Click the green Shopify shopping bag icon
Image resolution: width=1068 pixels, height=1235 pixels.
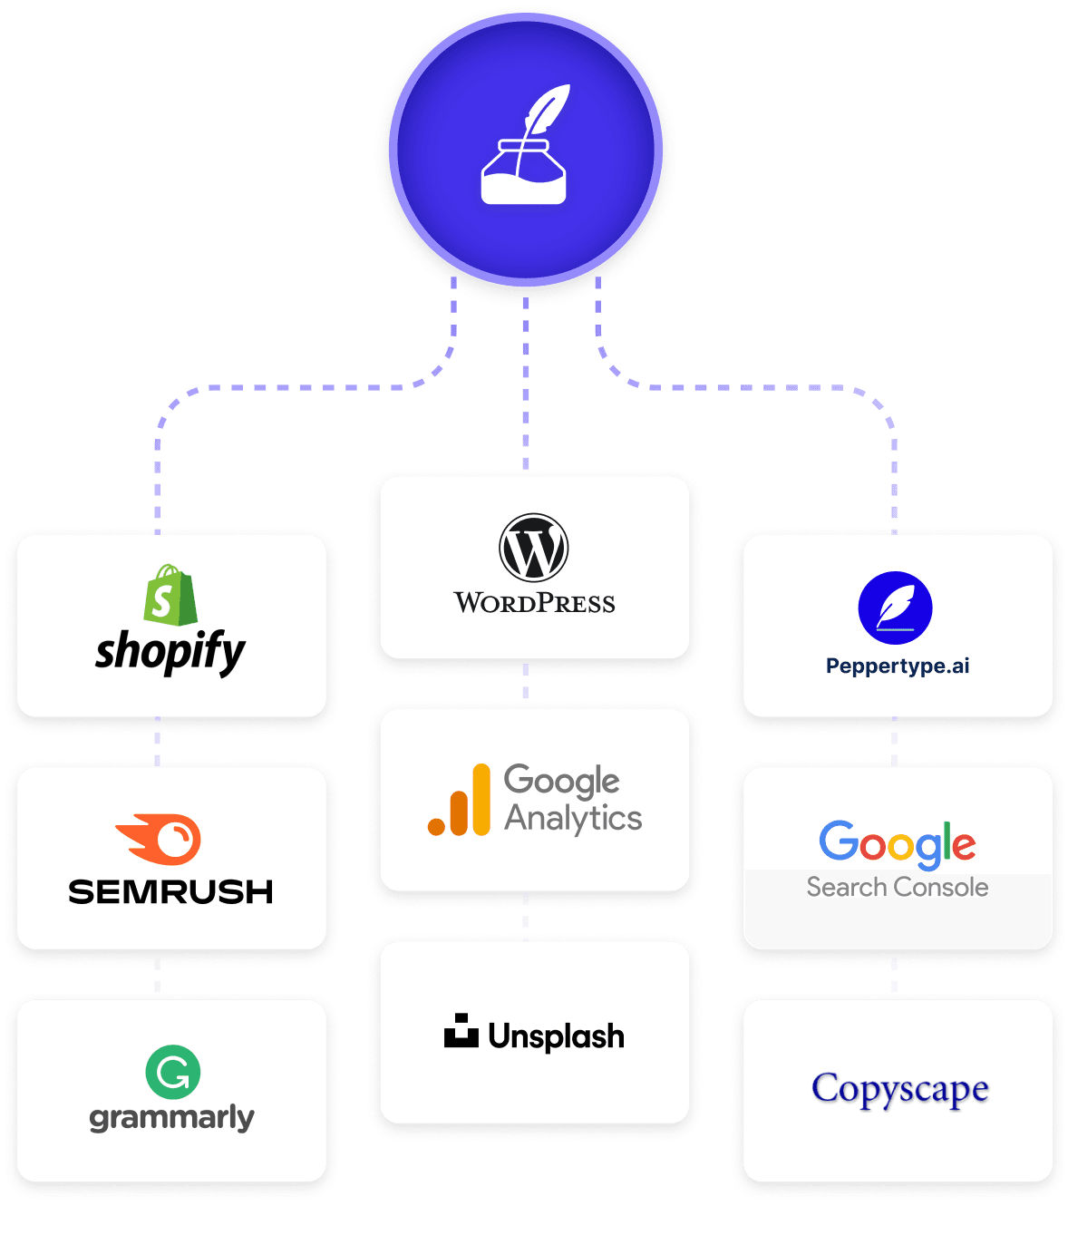click(170, 595)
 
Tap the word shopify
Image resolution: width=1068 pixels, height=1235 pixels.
click(170, 653)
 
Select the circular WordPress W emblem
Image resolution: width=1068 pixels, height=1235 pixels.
click(533, 548)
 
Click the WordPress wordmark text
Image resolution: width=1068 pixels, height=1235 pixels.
click(534, 603)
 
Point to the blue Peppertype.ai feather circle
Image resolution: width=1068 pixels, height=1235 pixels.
click(895, 608)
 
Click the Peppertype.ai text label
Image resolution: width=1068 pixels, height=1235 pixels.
click(898, 666)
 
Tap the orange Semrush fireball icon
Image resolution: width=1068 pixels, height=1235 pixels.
click(159, 839)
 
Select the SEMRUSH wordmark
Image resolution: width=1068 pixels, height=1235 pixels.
click(170, 891)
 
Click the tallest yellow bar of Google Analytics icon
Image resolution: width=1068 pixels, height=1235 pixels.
click(481, 799)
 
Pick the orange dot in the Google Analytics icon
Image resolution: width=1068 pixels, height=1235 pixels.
click(437, 827)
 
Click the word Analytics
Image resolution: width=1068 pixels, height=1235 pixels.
click(573, 819)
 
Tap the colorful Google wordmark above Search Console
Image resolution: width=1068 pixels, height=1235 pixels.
click(897, 844)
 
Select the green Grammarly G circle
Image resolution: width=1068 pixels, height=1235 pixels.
click(172, 1072)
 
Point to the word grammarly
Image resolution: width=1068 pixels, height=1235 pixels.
click(171, 1119)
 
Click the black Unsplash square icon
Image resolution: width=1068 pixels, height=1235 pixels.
click(461, 1029)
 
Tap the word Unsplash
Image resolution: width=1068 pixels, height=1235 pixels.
click(556, 1036)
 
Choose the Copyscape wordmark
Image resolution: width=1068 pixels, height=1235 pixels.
click(899, 1090)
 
